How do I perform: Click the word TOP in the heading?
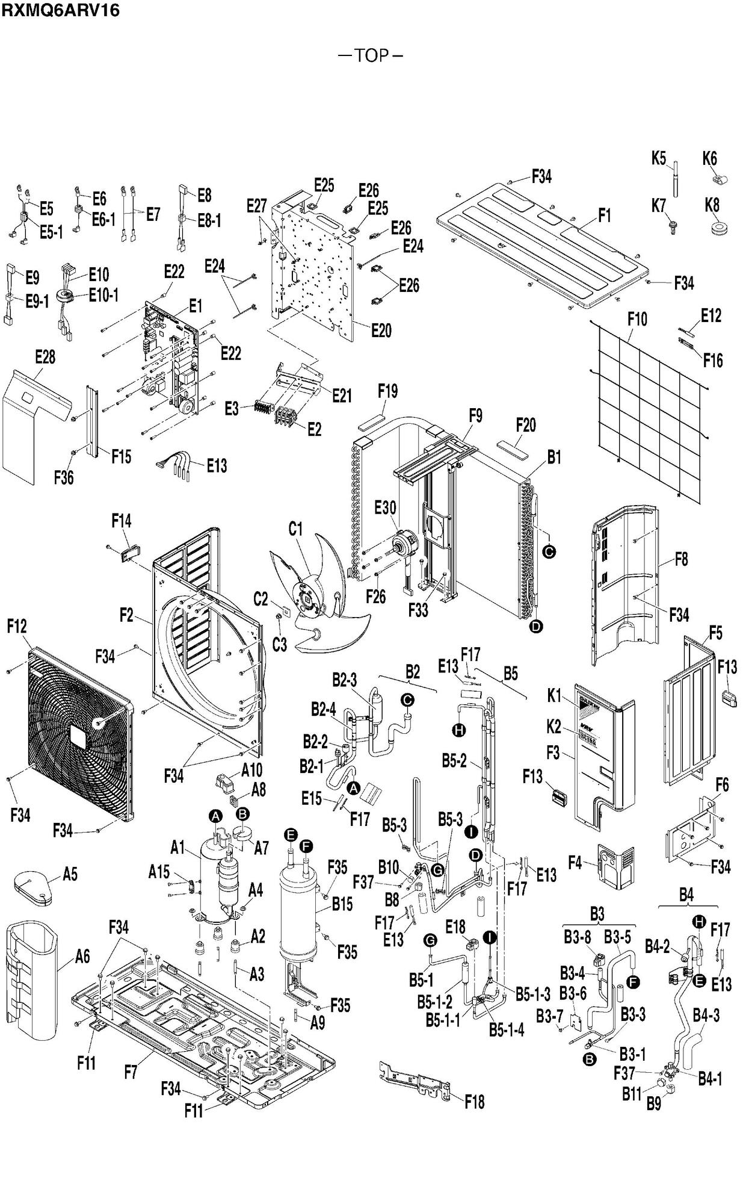tap(371, 55)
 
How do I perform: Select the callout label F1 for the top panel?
tap(605, 215)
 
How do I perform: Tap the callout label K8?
tap(712, 205)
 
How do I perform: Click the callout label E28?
tap(45, 357)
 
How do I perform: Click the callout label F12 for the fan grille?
tap(17, 627)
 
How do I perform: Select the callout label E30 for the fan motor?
tap(385, 507)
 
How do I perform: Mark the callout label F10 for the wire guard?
tap(637, 319)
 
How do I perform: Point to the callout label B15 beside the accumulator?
tap(342, 904)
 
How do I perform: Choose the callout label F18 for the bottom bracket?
tap(474, 1102)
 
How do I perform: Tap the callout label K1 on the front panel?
tap(554, 697)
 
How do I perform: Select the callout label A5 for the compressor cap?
tap(70, 874)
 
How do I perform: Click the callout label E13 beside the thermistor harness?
tap(217, 465)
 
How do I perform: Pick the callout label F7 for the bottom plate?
tap(131, 1072)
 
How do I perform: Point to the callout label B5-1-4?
tap(506, 1030)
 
